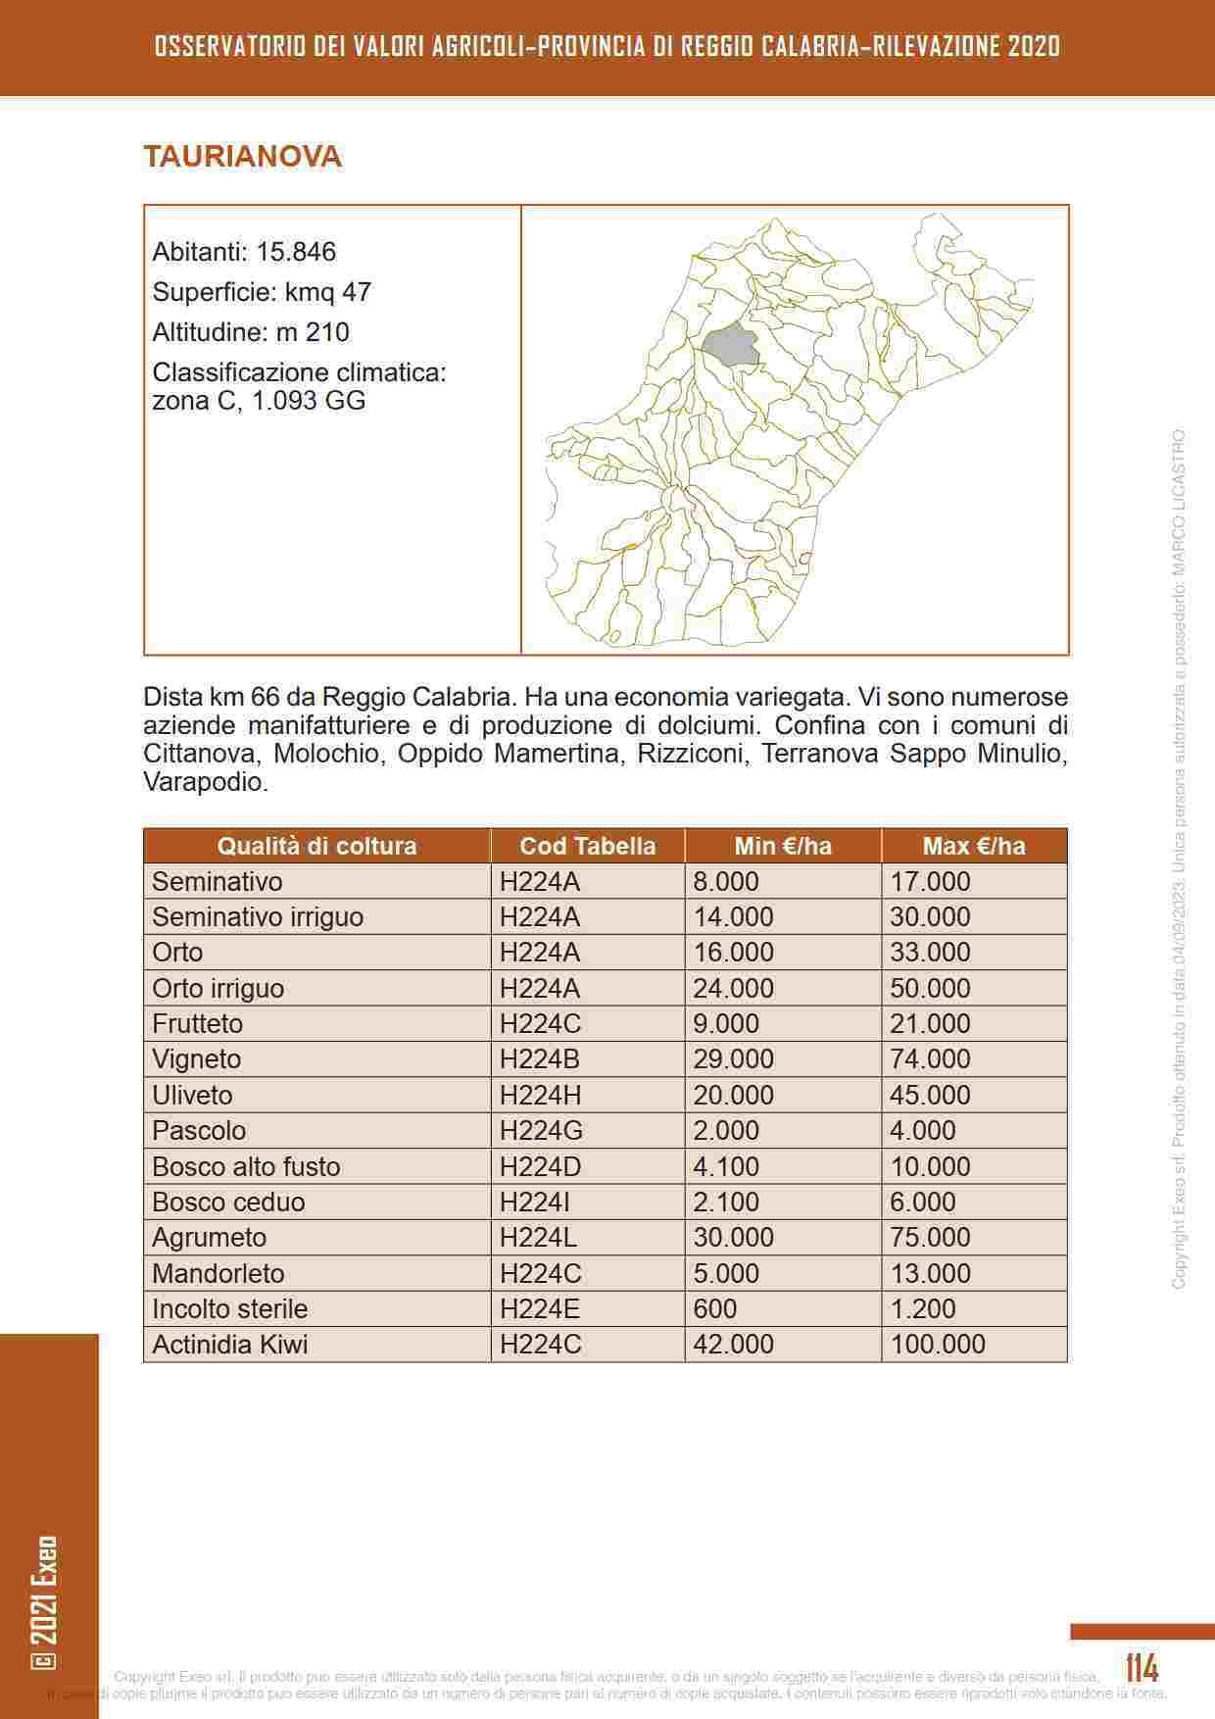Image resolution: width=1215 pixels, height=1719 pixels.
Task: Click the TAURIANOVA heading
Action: (x=242, y=157)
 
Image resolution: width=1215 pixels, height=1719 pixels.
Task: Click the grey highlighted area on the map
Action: (x=731, y=346)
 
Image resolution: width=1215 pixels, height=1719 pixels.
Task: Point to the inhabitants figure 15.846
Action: (x=296, y=252)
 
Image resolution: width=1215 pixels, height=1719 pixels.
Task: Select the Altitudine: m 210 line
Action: (x=251, y=332)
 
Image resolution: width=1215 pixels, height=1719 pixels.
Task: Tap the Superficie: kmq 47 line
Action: (x=262, y=292)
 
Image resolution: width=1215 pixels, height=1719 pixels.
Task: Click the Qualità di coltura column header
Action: (x=316, y=846)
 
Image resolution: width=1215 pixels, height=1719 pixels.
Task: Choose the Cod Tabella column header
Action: (x=587, y=846)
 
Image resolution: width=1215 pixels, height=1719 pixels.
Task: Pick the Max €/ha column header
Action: (x=973, y=846)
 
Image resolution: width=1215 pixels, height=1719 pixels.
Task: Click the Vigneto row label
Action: (x=196, y=1059)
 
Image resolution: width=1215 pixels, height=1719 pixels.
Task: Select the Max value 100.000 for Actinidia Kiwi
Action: (x=938, y=1344)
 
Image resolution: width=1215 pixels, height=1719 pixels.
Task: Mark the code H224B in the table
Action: (x=540, y=1059)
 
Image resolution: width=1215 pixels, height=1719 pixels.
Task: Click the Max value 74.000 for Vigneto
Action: (x=930, y=1059)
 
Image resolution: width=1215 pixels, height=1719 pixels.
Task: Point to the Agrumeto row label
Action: (x=209, y=1237)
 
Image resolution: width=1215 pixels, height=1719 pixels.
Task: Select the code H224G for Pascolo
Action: (x=541, y=1130)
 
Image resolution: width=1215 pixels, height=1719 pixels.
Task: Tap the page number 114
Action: (x=1142, y=1667)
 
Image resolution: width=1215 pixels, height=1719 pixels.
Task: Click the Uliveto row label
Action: (x=192, y=1095)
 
